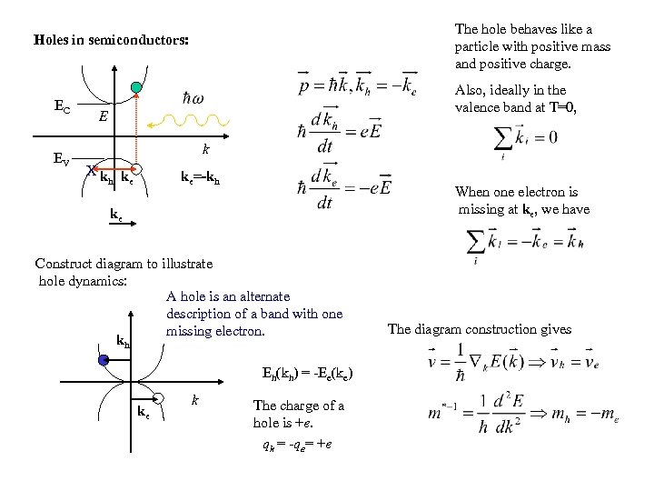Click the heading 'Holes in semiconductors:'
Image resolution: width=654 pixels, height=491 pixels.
[112, 41]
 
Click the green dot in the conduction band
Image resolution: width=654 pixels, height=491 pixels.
[136, 88]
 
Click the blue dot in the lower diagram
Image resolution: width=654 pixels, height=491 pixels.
[104, 360]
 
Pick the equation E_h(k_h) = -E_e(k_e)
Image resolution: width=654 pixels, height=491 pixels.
[307, 373]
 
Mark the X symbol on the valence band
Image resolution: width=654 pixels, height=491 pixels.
[90, 170]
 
